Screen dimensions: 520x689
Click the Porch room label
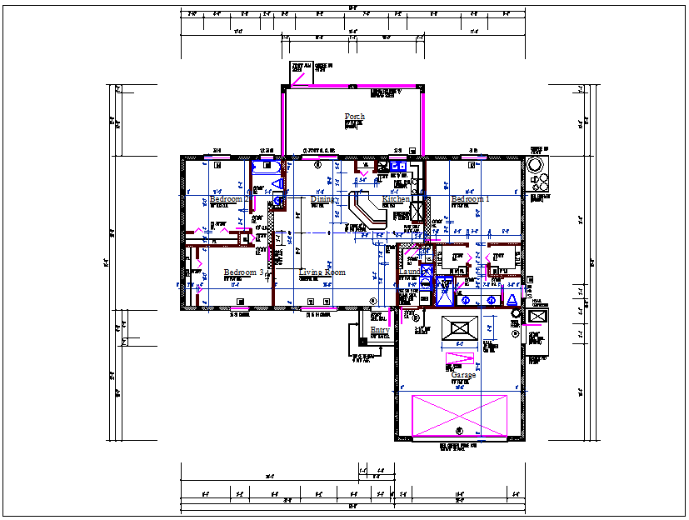(354, 117)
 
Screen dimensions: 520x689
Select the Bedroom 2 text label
(226, 200)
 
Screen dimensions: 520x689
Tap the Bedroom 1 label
(470, 200)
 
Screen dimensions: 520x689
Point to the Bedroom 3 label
(243, 272)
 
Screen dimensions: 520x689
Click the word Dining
(323, 200)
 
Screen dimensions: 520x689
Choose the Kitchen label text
(396, 200)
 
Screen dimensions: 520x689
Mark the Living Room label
(322, 272)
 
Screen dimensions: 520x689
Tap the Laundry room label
(411, 272)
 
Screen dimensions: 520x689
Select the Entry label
(379, 331)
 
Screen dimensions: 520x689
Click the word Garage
(463, 376)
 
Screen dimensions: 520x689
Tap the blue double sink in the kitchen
(397, 167)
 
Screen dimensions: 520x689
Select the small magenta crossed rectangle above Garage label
(460, 360)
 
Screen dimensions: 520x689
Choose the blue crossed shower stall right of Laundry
(446, 284)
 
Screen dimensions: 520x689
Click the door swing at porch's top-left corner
(297, 77)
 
